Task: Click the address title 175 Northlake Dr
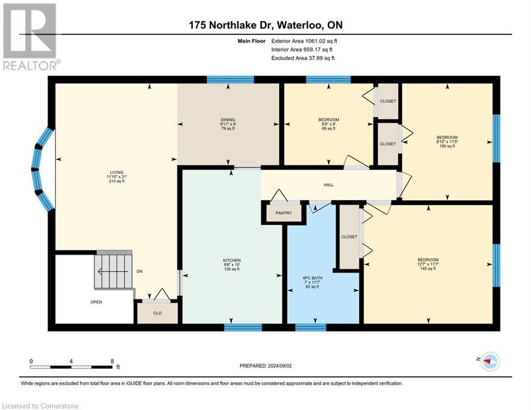coord(265,25)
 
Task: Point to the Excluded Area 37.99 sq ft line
coord(303,58)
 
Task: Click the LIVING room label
coord(115,177)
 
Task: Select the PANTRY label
coord(283,212)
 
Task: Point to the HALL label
coord(328,185)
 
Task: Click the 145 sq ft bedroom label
coord(429,264)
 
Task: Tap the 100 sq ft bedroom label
coord(447,141)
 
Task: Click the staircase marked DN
coord(113,271)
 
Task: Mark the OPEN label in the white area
coord(96,302)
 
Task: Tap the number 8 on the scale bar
coord(112,361)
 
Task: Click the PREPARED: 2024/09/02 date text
coord(265,366)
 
